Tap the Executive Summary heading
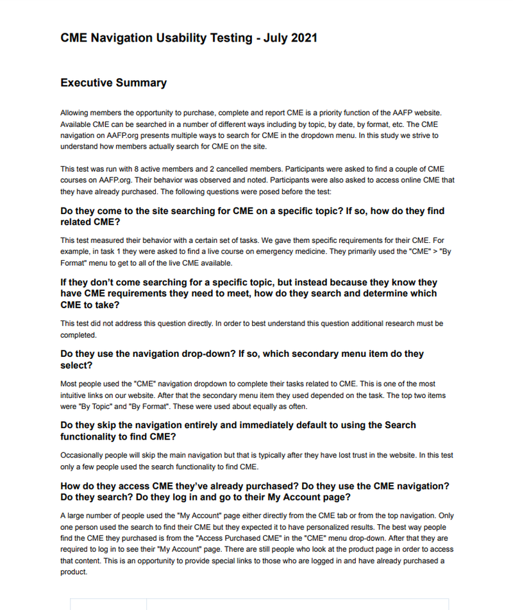(x=114, y=83)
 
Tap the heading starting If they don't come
(x=249, y=293)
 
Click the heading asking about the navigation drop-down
(x=242, y=359)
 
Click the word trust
(x=362, y=456)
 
